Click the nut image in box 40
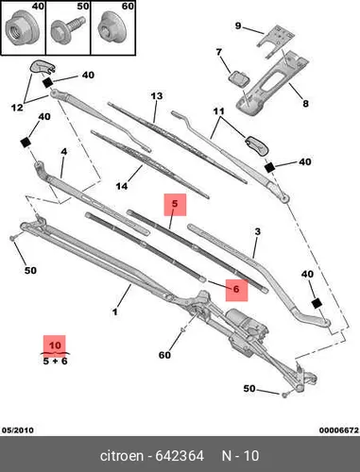[x=17, y=30]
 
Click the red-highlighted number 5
[x=175, y=204]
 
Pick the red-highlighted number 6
[x=236, y=289]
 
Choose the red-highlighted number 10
[x=55, y=346]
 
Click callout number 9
[x=238, y=25]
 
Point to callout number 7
[x=218, y=52]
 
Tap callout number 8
[x=305, y=103]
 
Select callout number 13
[x=157, y=95]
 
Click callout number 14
[x=122, y=186]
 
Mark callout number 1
[x=115, y=312]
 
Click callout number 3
[x=257, y=232]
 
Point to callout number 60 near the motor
[x=164, y=355]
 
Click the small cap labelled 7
[x=238, y=77]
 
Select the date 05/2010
[x=18, y=430]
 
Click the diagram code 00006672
[x=339, y=430]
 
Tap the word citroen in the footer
[x=121, y=456]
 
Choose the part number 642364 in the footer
[x=180, y=456]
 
